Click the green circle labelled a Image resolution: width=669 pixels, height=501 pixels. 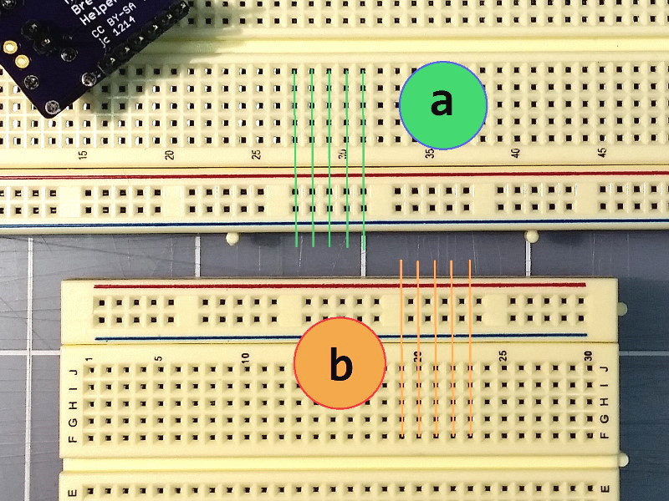pyautogui.click(x=442, y=104)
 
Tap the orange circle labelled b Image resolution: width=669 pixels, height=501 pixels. pyautogui.click(x=340, y=364)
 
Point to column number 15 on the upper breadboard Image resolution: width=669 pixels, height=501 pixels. pyautogui.click(x=83, y=154)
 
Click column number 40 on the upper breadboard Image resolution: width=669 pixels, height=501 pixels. pyautogui.click(x=516, y=154)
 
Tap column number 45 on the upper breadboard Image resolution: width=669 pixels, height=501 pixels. pyautogui.click(x=602, y=154)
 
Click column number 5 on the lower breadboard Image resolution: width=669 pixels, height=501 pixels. pyautogui.click(x=158, y=357)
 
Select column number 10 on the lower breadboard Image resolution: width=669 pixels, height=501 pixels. pyautogui.click(x=245, y=357)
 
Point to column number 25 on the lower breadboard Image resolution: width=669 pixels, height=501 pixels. pyautogui.click(x=503, y=356)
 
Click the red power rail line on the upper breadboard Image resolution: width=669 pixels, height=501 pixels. pyautogui.click(x=334, y=175)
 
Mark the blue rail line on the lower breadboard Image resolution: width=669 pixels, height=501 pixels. pyautogui.click(x=334, y=338)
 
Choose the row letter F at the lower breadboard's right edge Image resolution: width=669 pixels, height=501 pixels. pyautogui.click(x=605, y=434)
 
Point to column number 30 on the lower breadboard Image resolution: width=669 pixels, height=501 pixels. pyautogui.click(x=589, y=356)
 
